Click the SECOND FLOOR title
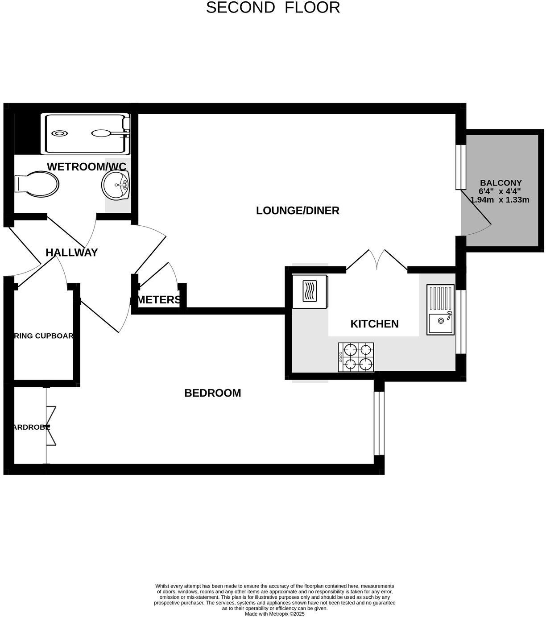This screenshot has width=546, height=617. click(273, 8)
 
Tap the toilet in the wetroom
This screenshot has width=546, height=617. click(37, 184)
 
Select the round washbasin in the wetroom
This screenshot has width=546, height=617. click(116, 185)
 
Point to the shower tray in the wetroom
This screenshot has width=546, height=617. click(85, 133)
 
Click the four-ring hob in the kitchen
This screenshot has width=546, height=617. click(356, 357)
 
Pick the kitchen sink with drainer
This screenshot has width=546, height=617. click(440, 310)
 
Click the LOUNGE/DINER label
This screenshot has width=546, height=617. click(298, 211)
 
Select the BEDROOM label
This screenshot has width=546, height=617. click(212, 393)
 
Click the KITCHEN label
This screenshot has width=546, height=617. click(374, 324)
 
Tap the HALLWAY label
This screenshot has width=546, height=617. click(71, 253)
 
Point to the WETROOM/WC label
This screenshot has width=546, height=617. click(87, 167)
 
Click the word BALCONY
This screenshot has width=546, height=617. click(500, 183)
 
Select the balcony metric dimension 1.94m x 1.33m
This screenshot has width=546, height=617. click(500, 200)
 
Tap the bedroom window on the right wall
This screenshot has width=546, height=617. click(379, 423)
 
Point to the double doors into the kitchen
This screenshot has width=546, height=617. click(377, 260)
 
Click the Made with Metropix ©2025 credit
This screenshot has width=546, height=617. click(274, 614)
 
